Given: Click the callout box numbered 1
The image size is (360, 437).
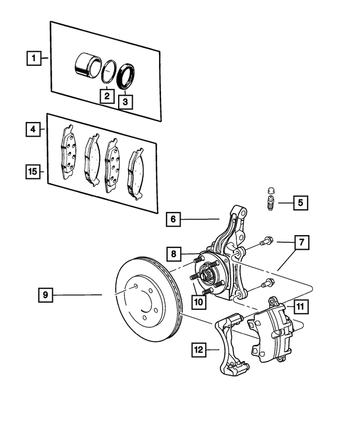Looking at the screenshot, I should pyautogui.click(x=34, y=58).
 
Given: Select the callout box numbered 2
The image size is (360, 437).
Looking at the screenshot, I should pyautogui.click(x=106, y=96).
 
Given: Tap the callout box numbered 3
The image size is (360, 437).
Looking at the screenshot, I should pyautogui.click(x=125, y=102).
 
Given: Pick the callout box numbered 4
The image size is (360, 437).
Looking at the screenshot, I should pyautogui.click(x=34, y=130).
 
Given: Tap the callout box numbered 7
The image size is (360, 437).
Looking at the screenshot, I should pyautogui.click(x=301, y=243).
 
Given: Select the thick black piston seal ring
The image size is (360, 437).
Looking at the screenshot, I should pyautogui.click(x=126, y=76).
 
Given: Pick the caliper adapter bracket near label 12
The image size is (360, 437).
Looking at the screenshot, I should pyautogui.click(x=231, y=349).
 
